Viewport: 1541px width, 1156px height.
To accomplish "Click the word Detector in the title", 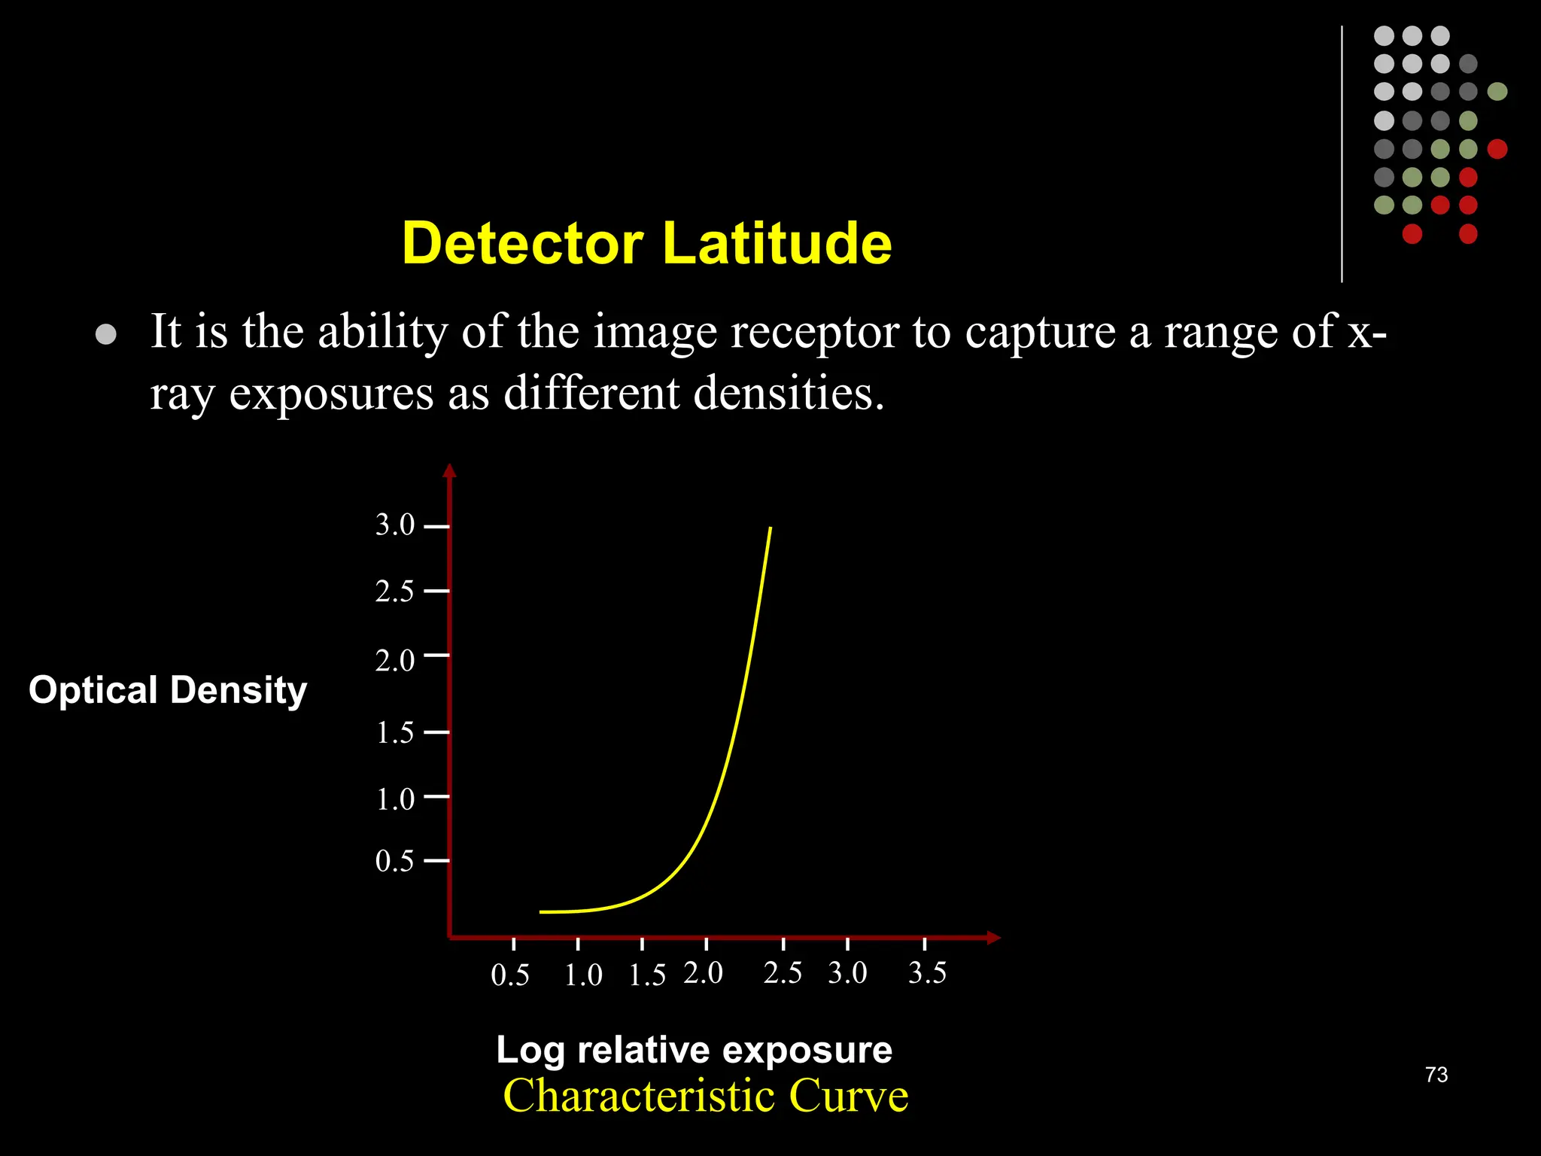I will (x=523, y=243).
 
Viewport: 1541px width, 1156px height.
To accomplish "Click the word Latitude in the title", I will (x=777, y=243).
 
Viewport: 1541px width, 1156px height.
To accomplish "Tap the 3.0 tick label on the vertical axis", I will (x=395, y=525).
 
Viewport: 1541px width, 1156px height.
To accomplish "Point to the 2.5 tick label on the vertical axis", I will (x=395, y=592).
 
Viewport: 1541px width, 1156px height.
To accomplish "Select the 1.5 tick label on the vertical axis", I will (x=395, y=732).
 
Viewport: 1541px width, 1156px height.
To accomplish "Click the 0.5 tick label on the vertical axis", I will (x=395, y=861).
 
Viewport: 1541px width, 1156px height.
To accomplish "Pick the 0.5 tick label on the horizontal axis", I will (x=510, y=975).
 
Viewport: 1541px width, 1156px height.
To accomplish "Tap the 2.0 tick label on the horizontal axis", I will (x=704, y=973).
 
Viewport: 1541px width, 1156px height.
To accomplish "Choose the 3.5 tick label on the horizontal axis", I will (x=927, y=973).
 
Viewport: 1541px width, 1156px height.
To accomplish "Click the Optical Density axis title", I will (x=168, y=690).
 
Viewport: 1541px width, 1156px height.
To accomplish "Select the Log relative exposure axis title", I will (x=694, y=1050).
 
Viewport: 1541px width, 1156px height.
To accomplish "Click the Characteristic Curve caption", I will (x=705, y=1096).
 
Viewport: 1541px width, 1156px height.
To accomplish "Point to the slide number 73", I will (x=1436, y=1075).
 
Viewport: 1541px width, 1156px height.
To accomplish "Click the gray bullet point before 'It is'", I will (x=106, y=334).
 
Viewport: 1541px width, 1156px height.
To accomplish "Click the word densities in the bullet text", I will (x=788, y=393).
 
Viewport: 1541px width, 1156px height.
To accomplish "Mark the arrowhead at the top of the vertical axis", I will (x=450, y=470).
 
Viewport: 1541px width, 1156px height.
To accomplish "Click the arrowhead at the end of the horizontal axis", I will (x=994, y=938).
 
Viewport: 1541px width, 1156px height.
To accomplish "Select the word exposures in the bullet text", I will (x=331, y=394).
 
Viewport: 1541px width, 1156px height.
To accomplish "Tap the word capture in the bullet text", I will (x=1041, y=332).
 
